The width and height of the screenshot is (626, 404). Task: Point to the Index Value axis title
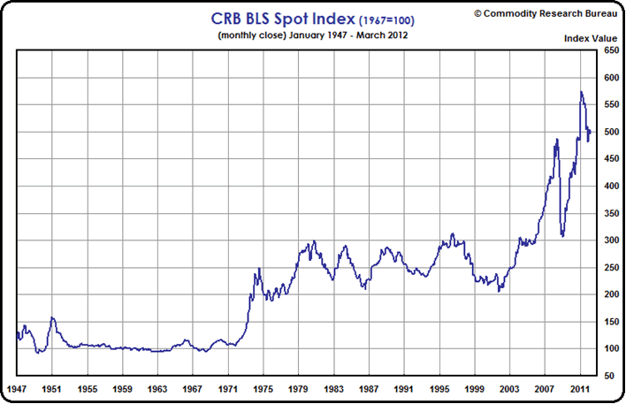[591, 38]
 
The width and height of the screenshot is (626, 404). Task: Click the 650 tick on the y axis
[611, 50]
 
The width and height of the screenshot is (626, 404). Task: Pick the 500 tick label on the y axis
[611, 132]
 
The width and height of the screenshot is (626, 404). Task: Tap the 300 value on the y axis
[611, 240]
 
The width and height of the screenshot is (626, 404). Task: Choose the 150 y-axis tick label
[611, 322]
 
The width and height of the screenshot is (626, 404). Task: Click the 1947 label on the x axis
[17, 388]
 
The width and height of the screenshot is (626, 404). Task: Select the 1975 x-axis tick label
[263, 388]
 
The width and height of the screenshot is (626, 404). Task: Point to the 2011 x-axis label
[579, 388]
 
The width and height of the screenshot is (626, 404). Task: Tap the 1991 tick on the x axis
[403, 388]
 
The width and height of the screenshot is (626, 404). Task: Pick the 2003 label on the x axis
[509, 388]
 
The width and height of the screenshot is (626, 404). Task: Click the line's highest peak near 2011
[581, 92]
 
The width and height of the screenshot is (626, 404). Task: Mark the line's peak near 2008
[556, 140]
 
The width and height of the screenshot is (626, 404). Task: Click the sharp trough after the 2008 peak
[562, 236]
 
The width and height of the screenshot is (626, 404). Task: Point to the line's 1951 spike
[52, 317]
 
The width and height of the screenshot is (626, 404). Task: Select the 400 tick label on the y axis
[611, 187]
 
